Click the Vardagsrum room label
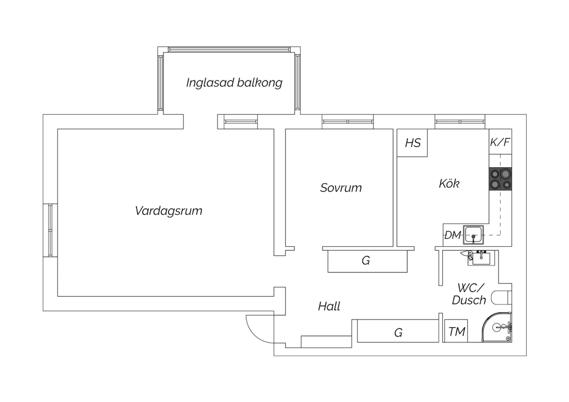(x=168, y=210)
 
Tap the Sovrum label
(x=341, y=187)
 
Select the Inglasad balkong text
(x=234, y=82)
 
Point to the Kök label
(x=449, y=184)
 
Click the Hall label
(x=329, y=306)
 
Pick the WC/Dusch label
(x=469, y=294)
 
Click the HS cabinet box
(x=412, y=143)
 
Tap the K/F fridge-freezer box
(x=500, y=142)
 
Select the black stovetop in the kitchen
(x=500, y=179)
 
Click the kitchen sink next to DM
(x=473, y=235)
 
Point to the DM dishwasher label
(x=452, y=235)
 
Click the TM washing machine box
(x=456, y=331)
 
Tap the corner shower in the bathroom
(x=499, y=328)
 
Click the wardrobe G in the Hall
(x=398, y=332)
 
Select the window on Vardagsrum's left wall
(x=50, y=230)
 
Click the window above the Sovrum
(x=347, y=122)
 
